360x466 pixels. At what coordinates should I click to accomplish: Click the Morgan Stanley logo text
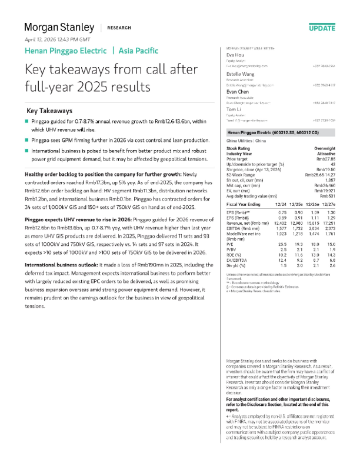tap(59, 27)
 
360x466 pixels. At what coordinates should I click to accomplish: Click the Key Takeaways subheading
tap(50, 111)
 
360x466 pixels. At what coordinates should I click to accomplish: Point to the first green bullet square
tap(26, 121)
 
